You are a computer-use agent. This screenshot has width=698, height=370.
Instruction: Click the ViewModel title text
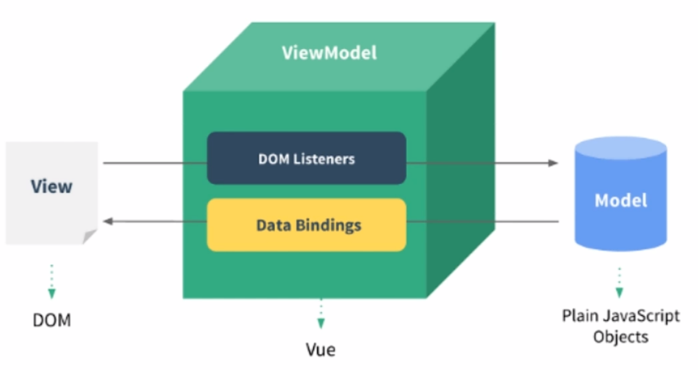point(329,53)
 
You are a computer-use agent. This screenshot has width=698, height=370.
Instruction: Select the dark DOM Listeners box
point(306,158)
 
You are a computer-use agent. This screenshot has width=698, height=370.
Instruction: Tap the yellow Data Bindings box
point(306,224)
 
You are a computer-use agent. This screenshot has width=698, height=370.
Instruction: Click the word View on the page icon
point(51,187)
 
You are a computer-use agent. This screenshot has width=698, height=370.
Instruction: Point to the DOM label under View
point(52,320)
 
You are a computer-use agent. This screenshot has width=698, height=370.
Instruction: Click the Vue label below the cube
point(321,350)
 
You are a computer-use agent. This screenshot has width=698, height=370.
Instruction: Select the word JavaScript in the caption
point(638,317)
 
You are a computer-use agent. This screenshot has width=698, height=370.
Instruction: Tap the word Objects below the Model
point(621,336)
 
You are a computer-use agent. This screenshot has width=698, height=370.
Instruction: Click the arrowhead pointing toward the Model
point(553,163)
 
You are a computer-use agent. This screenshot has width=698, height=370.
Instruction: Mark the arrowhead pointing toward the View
point(108,221)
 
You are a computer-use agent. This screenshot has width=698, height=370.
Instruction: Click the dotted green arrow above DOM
point(52,281)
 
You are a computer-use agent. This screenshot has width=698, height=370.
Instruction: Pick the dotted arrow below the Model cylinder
point(619,283)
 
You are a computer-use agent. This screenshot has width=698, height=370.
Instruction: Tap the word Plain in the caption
point(579,317)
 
